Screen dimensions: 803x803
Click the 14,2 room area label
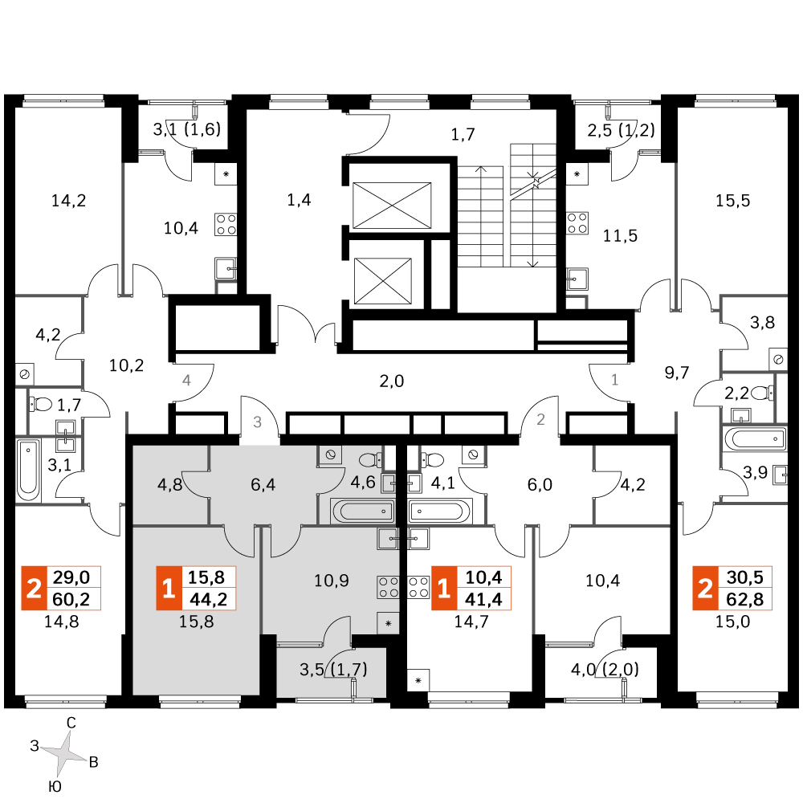point(68,201)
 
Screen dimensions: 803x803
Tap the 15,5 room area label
point(732,201)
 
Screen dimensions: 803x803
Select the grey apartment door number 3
point(258,422)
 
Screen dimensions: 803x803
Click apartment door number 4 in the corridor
point(186,381)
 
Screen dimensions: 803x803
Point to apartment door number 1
point(614,380)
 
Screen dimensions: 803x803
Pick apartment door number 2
point(540,419)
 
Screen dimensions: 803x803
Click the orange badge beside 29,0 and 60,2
point(34,589)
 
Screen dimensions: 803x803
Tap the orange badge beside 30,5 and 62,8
point(705,589)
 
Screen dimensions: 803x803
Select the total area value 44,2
point(209,599)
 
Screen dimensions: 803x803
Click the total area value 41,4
point(484,599)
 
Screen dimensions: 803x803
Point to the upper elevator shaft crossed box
point(393,205)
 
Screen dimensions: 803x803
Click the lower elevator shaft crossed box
point(383,280)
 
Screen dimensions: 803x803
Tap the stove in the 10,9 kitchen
point(388,587)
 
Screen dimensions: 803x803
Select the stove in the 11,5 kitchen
point(577,223)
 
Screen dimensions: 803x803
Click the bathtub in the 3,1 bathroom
point(28,470)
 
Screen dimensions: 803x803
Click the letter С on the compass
point(71,723)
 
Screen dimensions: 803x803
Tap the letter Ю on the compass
point(55,787)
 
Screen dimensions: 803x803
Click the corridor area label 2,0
point(392,381)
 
